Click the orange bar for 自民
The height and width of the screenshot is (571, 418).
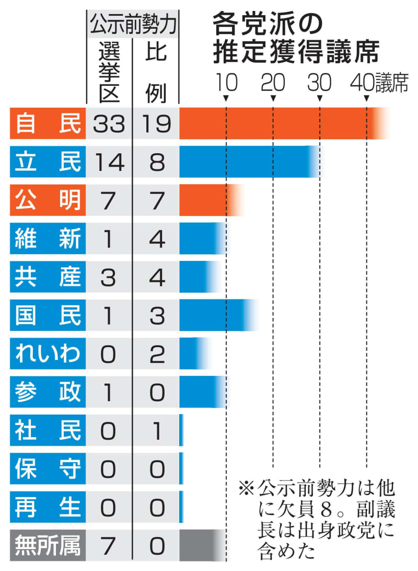point(282,123)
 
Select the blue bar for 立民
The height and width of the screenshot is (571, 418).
point(248,162)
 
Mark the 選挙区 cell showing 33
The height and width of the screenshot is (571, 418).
point(109,123)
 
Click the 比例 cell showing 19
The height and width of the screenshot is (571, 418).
point(156,123)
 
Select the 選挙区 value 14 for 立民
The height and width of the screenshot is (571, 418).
point(109,162)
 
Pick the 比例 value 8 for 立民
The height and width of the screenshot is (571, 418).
point(156,162)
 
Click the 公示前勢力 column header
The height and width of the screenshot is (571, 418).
point(132,22)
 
